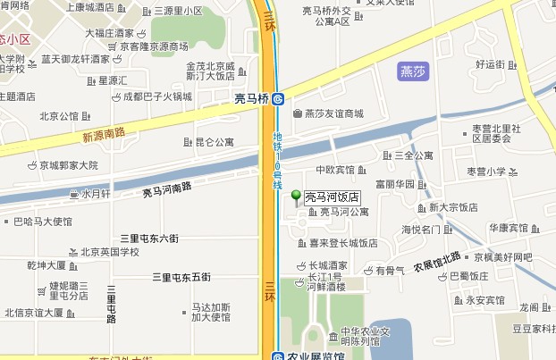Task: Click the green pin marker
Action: pos(298,197)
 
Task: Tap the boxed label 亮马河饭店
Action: pos(332,197)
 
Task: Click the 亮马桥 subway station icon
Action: pos(279,99)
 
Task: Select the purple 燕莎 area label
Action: pos(412,71)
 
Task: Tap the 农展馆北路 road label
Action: pos(437,261)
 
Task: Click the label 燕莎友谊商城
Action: pos(334,113)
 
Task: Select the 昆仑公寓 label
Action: pos(215,142)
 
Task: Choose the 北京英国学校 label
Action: pos(110,252)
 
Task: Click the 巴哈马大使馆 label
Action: pos(43,222)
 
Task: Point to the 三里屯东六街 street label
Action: pos(149,239)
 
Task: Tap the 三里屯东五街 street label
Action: pos(181,278)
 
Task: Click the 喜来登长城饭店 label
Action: pos(343,242)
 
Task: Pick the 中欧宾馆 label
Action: pos(335,170)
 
